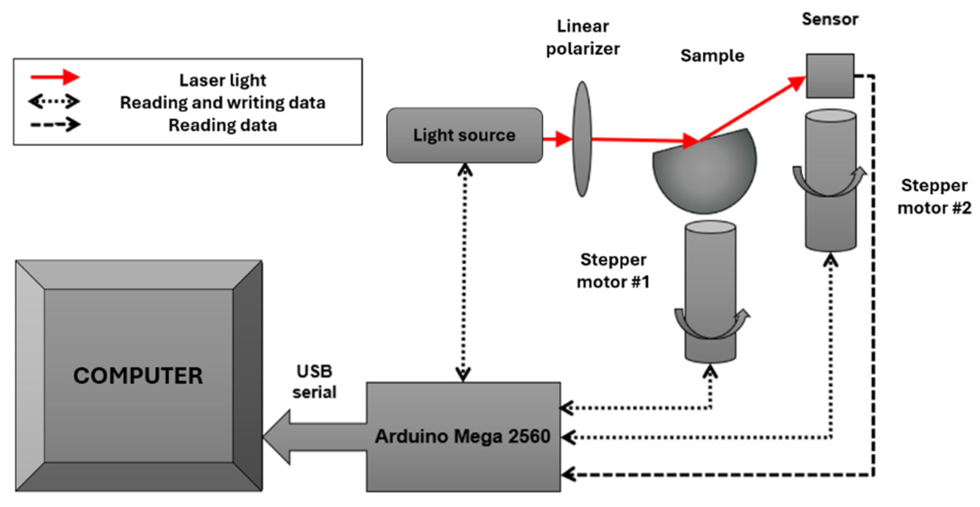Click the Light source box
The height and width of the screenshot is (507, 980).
click(464, 135)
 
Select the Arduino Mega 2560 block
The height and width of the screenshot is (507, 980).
click(463, 436)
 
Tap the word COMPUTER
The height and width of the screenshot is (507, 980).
click(138, 376)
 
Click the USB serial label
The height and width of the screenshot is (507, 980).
click(314, 382)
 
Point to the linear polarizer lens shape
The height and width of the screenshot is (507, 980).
click(582, 139)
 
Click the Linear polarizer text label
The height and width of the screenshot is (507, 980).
click(583, 38)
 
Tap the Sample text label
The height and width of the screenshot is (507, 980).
click(712, 56)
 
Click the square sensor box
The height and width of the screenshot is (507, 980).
click(830, 76)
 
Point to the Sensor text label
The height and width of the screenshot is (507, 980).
click(830, 19)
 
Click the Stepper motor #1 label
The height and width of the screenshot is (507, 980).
click(613, 271)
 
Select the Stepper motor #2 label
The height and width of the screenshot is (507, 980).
click(934, 197)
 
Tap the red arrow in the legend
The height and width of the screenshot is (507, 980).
click(55, 77)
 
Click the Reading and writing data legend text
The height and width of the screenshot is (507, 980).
click(223, 103)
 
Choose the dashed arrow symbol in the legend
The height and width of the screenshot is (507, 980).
click(55, 125)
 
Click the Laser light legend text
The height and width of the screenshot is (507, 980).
click(223, 80)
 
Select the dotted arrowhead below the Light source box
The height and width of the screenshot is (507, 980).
click(465, 170)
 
